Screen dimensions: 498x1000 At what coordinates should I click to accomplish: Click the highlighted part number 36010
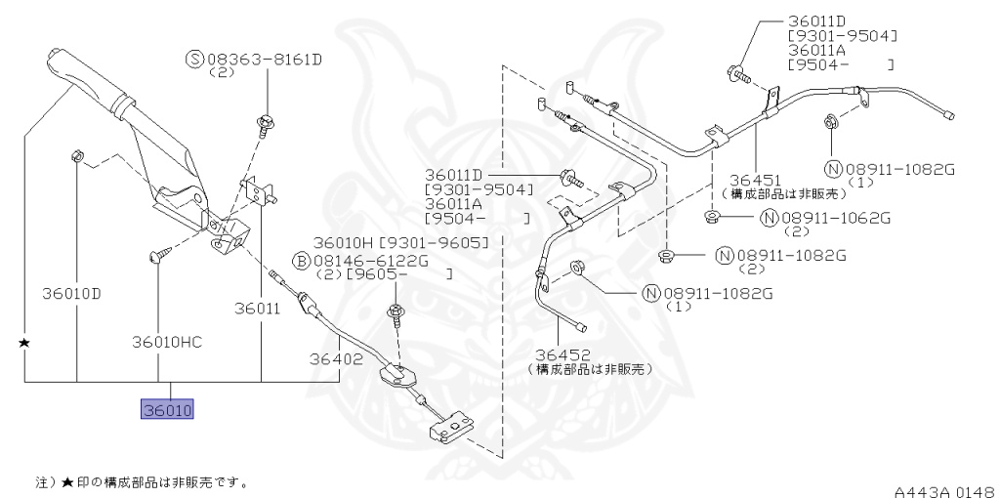(x=168, y=410)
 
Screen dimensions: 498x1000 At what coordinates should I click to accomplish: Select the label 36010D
(x=71, y=292)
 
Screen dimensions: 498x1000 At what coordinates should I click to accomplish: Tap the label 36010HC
(x=167, y=342)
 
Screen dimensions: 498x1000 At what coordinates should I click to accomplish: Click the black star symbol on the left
(x=24, y=344)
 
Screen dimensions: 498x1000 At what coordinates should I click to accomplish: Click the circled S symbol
(x=193, y=60)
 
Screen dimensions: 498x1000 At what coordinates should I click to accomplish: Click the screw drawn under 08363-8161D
(x=265, y=122)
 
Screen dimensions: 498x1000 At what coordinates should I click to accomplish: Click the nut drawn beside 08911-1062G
(x=713, y=215)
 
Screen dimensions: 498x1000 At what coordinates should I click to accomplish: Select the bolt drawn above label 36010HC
(x=159, y=255)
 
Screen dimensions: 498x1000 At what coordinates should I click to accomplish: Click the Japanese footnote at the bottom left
(x=142, y=481)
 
